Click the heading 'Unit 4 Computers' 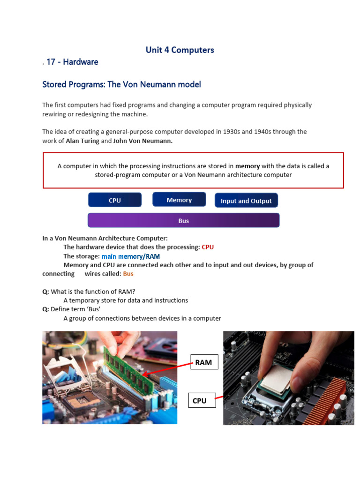(180, 50)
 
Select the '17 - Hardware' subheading (72, 62)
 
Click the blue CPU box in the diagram (115, 200)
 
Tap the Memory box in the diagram (179, 200)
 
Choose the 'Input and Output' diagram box (246, 201)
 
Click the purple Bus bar (183, 220)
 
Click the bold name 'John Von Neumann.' (143, 141)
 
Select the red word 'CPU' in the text (207, 247)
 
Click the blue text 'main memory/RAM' (131, 256)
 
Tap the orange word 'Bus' (128, 274)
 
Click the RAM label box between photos (204, 362)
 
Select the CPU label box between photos (200, 401)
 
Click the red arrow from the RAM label (169, 368)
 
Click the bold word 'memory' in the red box (247, 166)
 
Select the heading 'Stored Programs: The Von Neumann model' (121, 84)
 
